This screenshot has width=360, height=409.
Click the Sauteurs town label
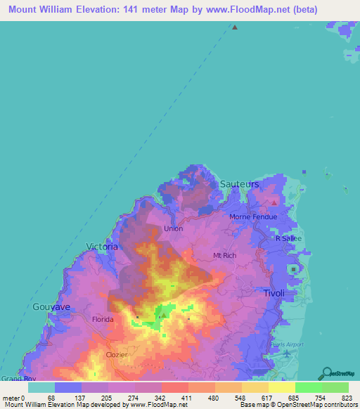(x=239, y=183)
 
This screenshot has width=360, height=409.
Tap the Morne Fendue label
(x=253, y=216)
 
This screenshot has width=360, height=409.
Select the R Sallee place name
(x=288, y=238)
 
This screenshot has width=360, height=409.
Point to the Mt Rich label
(x=224, y=255)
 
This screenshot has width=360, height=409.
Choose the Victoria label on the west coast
(x=101, y=246)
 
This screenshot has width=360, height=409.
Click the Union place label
(x=173, y=229)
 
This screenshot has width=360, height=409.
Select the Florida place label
(x=103, y=319)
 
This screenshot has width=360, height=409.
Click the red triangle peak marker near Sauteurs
(x=274, y=202)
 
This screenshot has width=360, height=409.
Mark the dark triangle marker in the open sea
(x=235, y=27)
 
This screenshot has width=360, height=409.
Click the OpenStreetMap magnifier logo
(x=326, y=373)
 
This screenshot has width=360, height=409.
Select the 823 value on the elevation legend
(x=349, y=397)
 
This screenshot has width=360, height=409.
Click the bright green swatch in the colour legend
(x=308, y=387)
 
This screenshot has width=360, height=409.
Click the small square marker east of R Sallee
(x=292, y=268)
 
